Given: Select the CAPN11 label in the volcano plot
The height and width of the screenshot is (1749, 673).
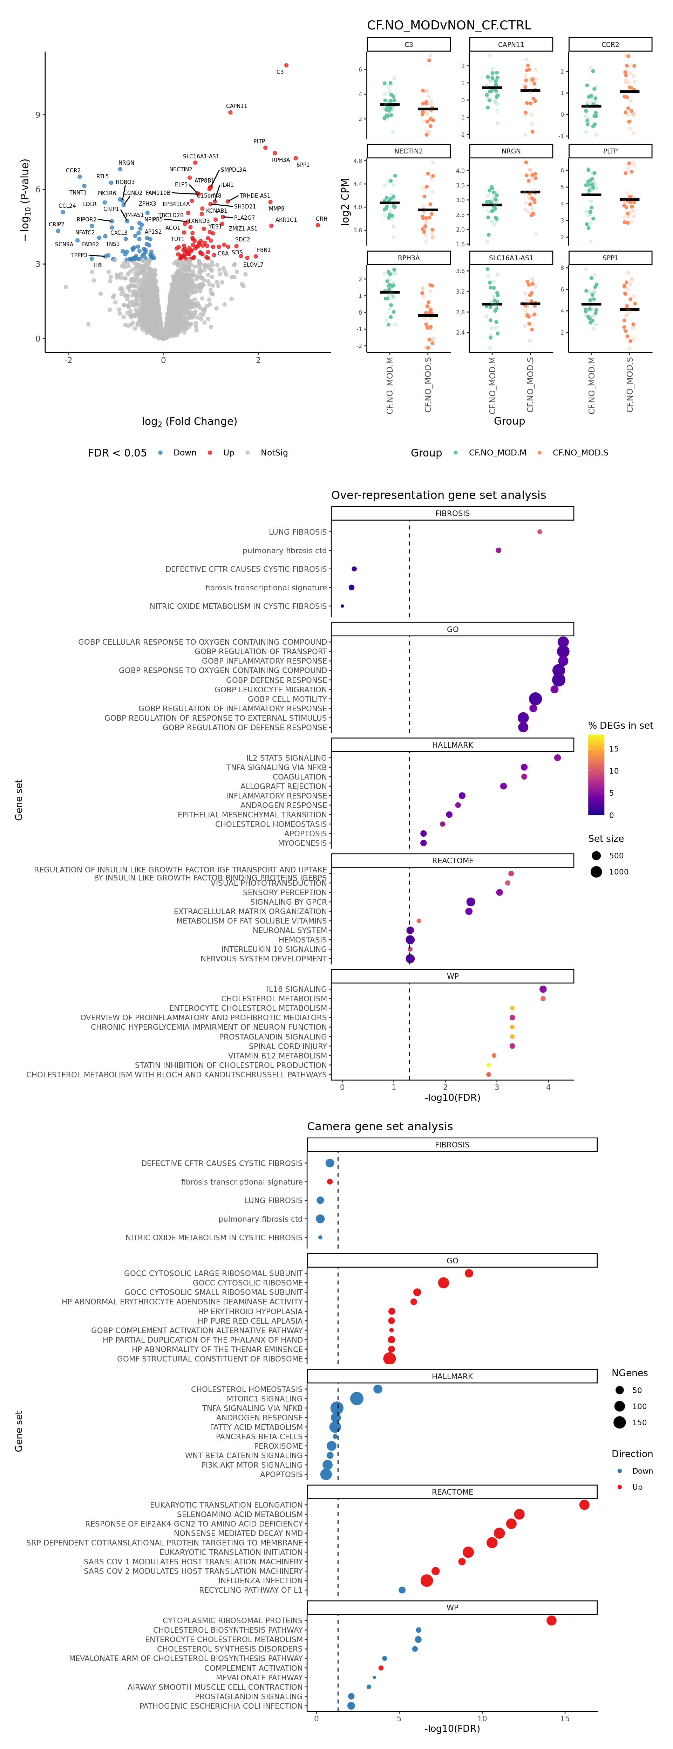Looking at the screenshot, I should [236, 106].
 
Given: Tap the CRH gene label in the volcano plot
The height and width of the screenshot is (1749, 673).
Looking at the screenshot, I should [321, 219].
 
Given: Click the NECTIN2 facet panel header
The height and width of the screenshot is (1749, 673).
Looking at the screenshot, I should [408, 151].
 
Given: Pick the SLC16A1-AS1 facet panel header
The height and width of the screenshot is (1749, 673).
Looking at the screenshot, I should [511, 258].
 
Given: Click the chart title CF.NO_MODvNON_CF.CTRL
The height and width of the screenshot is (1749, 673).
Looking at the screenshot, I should [449, 25].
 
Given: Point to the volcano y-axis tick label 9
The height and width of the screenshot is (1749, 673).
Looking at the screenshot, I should [38, 115].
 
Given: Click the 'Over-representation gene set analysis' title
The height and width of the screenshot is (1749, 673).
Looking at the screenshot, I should [438, 495].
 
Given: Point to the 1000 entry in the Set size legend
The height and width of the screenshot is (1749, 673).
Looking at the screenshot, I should [618, 872].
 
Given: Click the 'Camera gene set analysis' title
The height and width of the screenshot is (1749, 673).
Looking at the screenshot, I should [380, 1126].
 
